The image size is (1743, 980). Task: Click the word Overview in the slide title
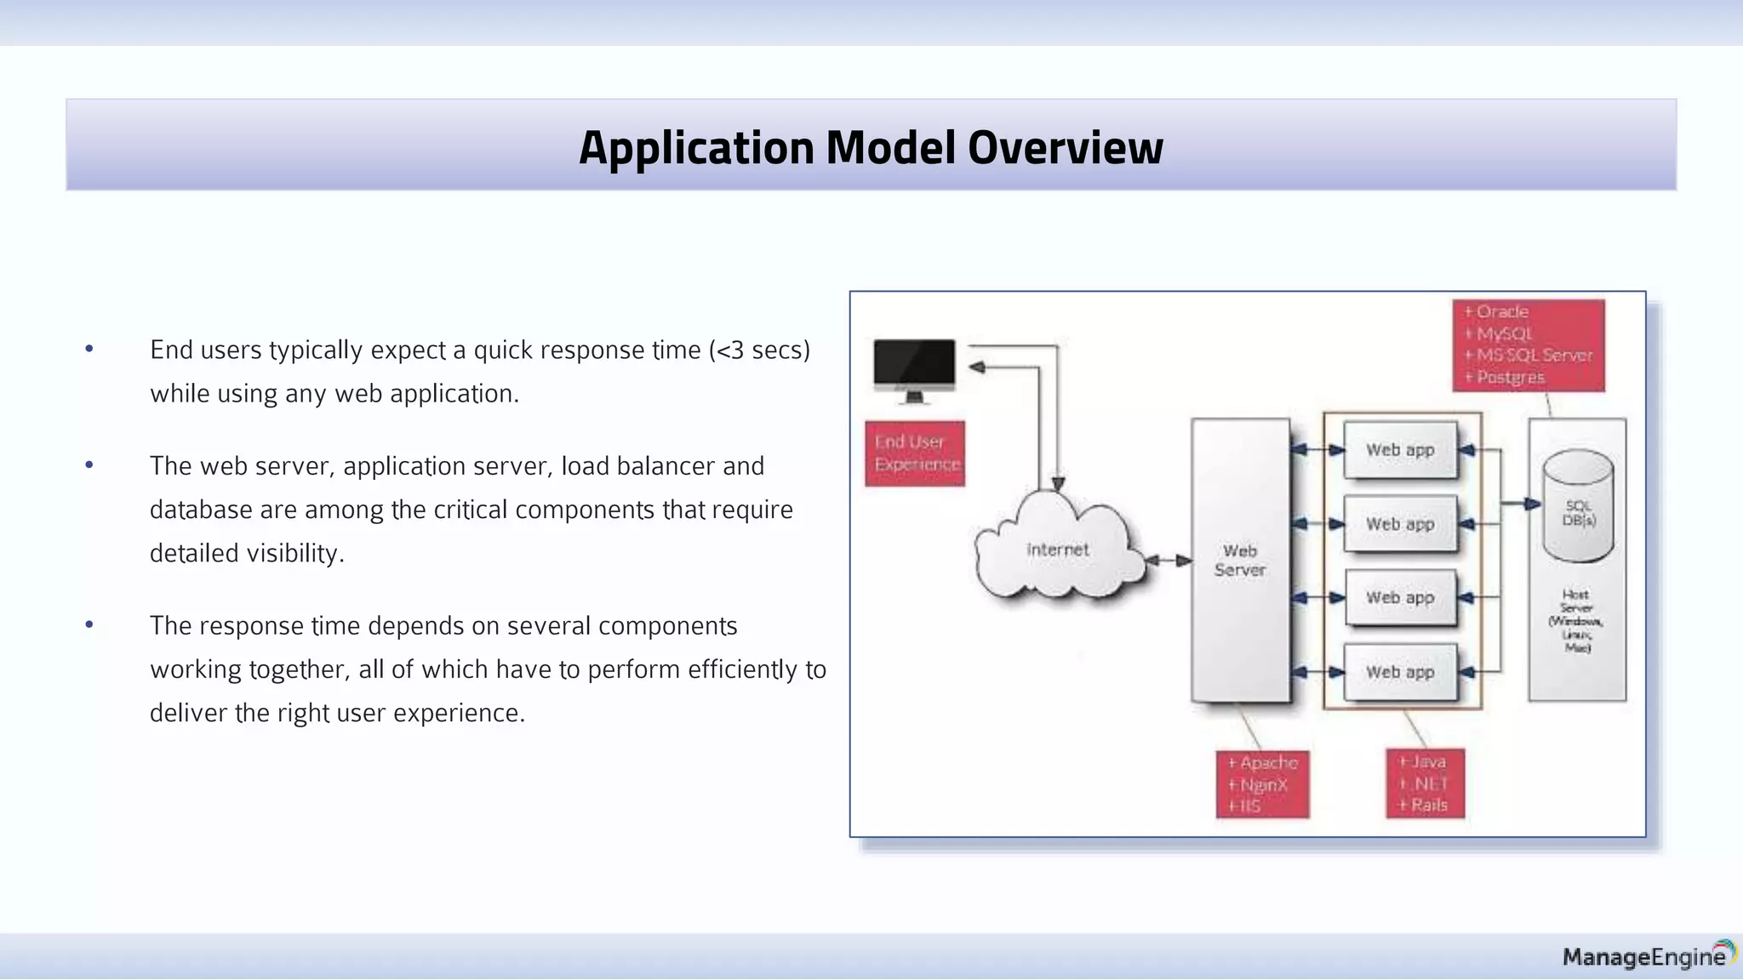tap(1065, 147)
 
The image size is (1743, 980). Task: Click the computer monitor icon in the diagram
tap(914, 368)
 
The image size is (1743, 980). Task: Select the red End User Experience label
tap(915, 453)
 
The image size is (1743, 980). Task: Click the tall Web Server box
tap(1240, 560)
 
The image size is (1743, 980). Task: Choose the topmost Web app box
tap(1400, 450)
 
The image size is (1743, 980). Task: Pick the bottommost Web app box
tap(1400, 672)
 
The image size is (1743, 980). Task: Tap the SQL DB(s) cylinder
tap(1578, 507)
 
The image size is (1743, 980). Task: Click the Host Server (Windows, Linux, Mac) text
tap(1576, 621)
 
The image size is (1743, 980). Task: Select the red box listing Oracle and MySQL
tap(1529, 345)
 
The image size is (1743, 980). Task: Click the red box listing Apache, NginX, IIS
tap(1262, 783)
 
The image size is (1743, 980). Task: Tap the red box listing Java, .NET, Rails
tap(1425, 783)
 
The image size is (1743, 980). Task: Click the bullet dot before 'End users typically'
tap(89, 349)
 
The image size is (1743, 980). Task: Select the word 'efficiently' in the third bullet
tap(742, 669)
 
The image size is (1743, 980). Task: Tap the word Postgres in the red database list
tap(1510, 377)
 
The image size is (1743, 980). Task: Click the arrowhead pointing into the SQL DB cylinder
tap(1532, 504)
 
